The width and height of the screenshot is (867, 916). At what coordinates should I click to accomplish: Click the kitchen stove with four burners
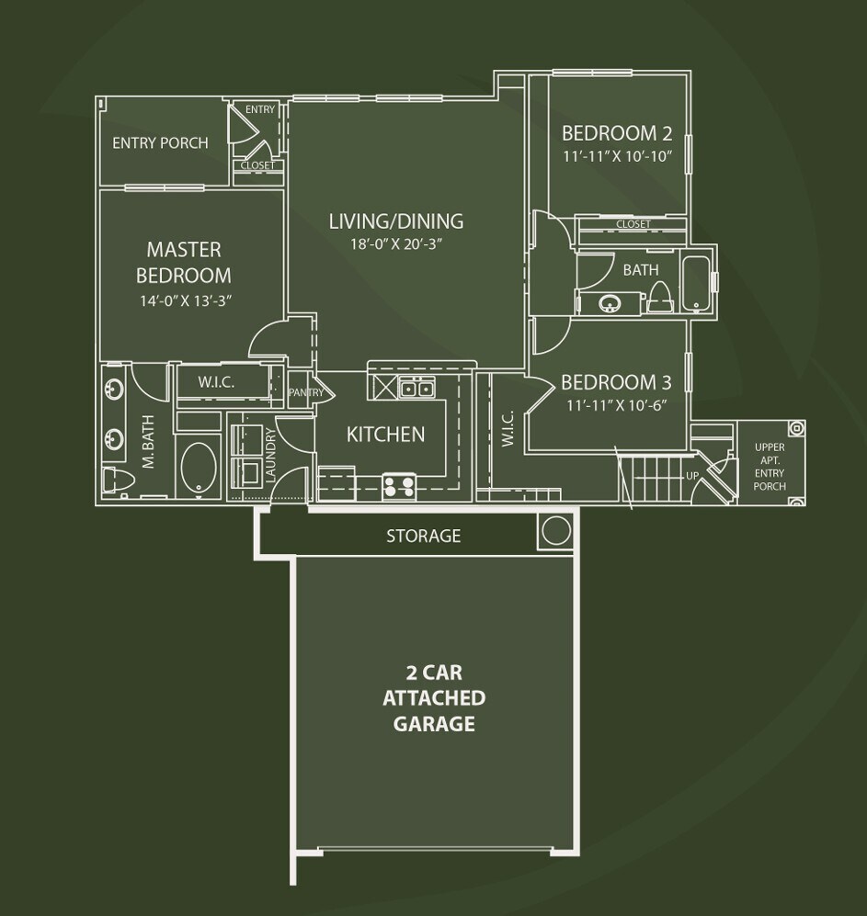(399, 485)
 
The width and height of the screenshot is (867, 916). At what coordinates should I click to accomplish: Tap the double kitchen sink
(416, 389)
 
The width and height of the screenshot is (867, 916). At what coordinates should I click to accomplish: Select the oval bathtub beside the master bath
(196, 469)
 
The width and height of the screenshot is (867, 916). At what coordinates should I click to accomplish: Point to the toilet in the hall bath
(659, 296)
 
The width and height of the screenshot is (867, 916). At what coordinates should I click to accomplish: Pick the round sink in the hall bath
(608, 302)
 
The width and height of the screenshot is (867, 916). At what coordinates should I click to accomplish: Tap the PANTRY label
(305, 392)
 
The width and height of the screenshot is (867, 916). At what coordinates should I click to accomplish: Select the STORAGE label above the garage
(423, 536)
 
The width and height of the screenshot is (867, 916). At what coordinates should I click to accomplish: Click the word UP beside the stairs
(691, 476)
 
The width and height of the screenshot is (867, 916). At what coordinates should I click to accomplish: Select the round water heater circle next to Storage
(555, 531)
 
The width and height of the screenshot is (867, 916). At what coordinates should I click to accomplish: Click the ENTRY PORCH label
(160, 143)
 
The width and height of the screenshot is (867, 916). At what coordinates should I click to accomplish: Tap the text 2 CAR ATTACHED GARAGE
(434, 698)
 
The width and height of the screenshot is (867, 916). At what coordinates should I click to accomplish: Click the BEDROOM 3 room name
(610, 381)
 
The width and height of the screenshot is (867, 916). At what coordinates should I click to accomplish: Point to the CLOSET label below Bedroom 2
(633, 224)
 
